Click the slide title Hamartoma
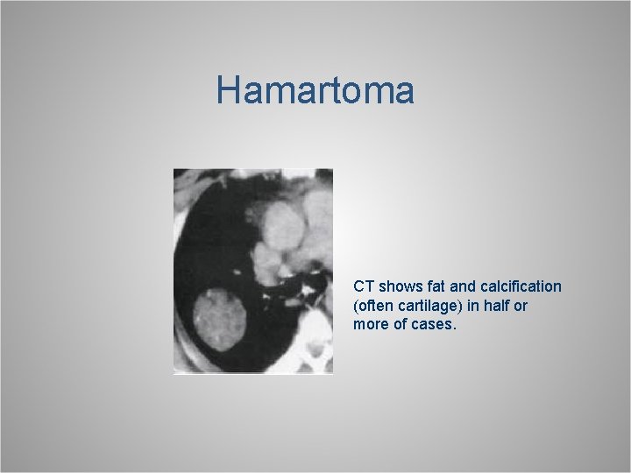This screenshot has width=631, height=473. (x=315, y=91)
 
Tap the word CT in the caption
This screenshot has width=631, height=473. (x=363, y=286)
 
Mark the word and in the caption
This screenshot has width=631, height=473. (x=464, y=286)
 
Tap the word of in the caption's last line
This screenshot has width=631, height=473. (x=401, y=325)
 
